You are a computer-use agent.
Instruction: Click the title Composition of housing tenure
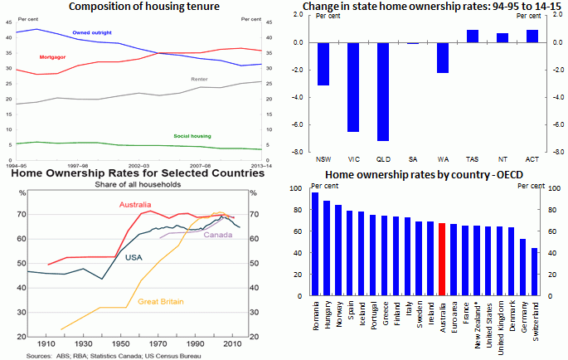144,7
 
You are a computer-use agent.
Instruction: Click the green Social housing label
192,135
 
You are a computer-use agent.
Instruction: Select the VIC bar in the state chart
352,87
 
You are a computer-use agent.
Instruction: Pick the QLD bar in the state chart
382,91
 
